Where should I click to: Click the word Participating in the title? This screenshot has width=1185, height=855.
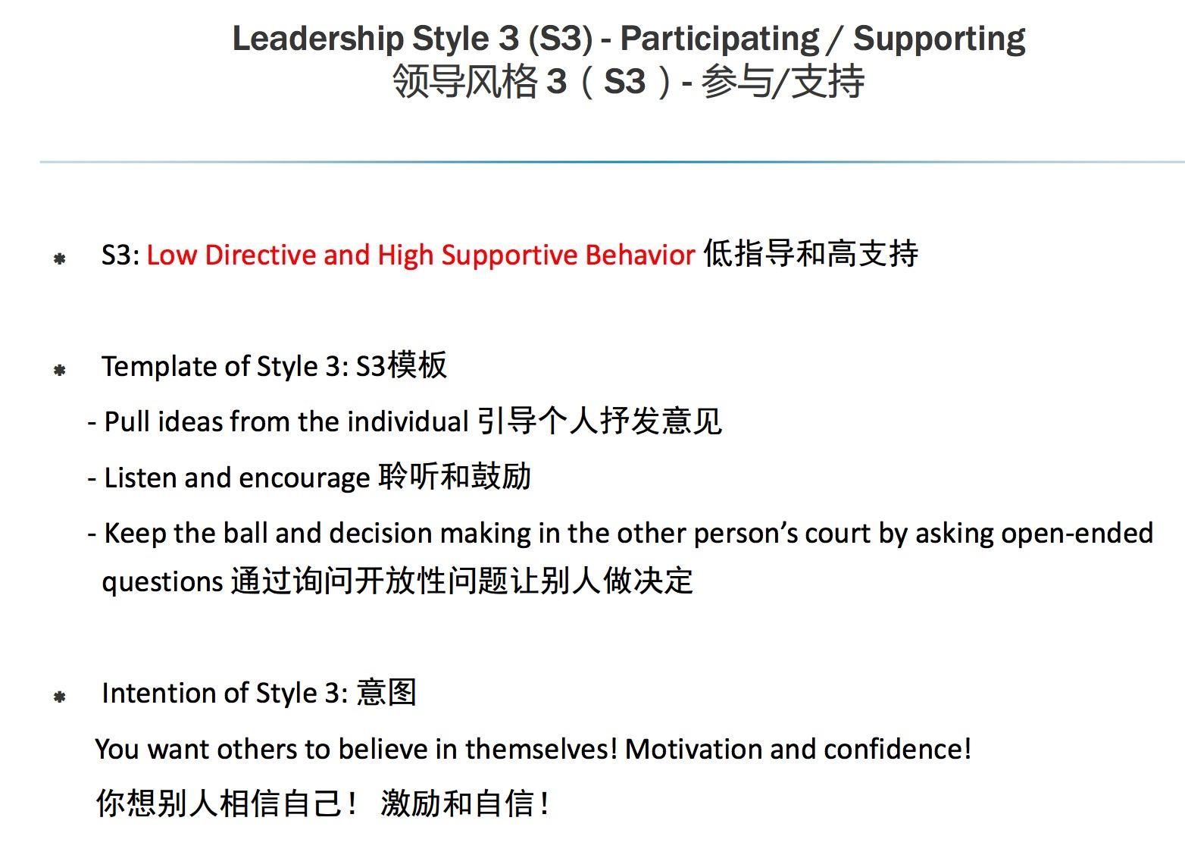[719, 39]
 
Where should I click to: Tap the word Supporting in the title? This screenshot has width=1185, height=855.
[939, 39]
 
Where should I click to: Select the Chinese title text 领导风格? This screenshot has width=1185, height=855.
[464, 82]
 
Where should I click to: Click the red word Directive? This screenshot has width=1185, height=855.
[260, 255]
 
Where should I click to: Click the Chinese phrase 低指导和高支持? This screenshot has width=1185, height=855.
[811, 254]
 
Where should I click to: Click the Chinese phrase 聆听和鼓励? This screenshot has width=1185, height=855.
[455, 477]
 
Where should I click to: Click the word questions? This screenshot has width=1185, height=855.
[162, 582]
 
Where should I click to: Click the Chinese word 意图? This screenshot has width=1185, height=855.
[386, 693]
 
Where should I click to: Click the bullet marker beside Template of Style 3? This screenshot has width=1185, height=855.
[60, 371]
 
